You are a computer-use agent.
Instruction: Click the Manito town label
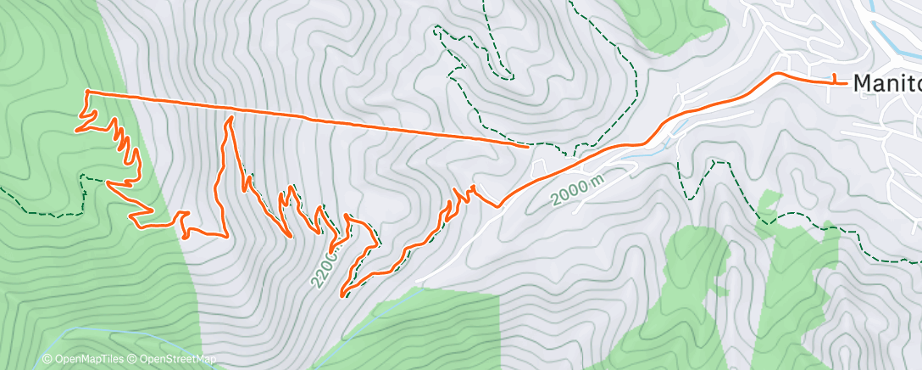click(886, 83)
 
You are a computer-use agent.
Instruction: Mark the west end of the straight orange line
click(87, 91)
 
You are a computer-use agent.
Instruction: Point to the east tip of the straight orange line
click(528, 146)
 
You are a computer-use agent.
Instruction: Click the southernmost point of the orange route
click(342, 295)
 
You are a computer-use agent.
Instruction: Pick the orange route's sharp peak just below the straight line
click(228, 120)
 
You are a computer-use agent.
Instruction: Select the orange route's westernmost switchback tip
click(77, 131)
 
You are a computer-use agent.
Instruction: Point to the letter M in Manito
click(862, 83)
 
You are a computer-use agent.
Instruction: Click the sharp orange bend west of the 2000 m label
click(499, 205)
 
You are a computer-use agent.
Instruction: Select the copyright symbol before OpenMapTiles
click(47, 360)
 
